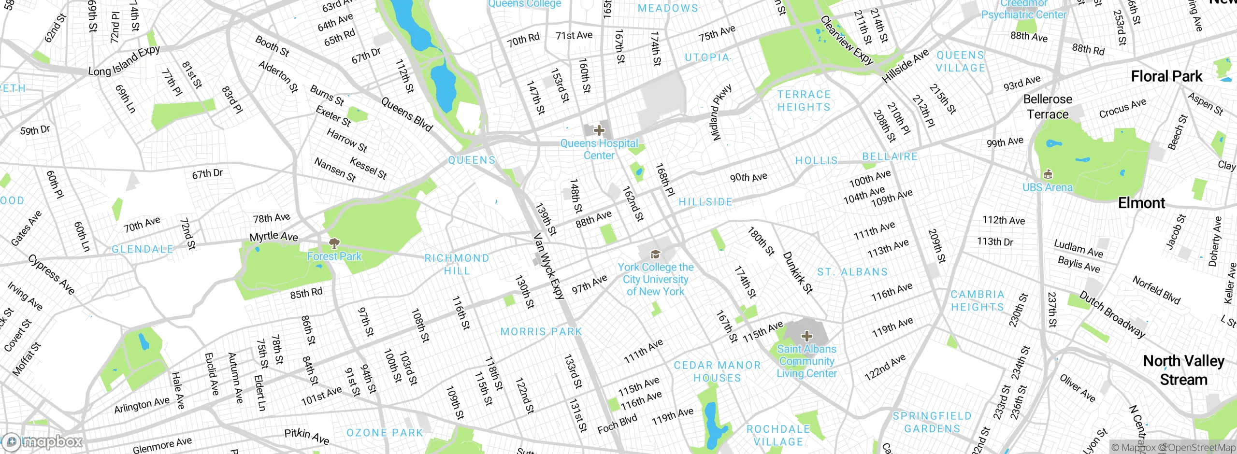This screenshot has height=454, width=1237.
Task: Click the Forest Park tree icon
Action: (x=334, y=242)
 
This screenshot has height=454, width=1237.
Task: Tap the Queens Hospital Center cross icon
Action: (x=599, y=130)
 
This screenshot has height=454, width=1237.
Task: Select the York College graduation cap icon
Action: (x=655, y=254)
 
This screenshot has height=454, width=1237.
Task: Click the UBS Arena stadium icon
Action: (x=1048, y=174)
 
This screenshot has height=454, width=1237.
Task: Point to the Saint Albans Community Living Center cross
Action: (x=806, y=336)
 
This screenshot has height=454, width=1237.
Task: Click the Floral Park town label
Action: (x=1166, y=76)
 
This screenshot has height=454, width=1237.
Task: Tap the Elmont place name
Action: (x=1141, y=203)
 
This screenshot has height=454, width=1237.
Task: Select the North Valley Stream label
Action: (x=1183, y=370)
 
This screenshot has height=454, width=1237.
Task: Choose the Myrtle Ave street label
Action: (x=273, y=236)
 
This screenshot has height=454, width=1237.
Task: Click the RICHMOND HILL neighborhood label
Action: (x=457, y=264)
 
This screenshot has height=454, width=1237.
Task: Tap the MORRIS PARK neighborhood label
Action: (x=541, y=332)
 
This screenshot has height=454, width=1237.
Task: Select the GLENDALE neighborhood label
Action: (x=142, y=249)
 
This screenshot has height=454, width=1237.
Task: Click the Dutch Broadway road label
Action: (x=1112, y=314)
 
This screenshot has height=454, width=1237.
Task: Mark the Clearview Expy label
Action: (x=847, y=41)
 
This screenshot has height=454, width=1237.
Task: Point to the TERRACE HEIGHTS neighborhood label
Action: (x=804, y=100)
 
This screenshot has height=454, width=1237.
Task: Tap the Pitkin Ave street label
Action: (x=306, y=436)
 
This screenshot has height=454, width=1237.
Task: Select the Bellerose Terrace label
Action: (x=1048, y=107)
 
